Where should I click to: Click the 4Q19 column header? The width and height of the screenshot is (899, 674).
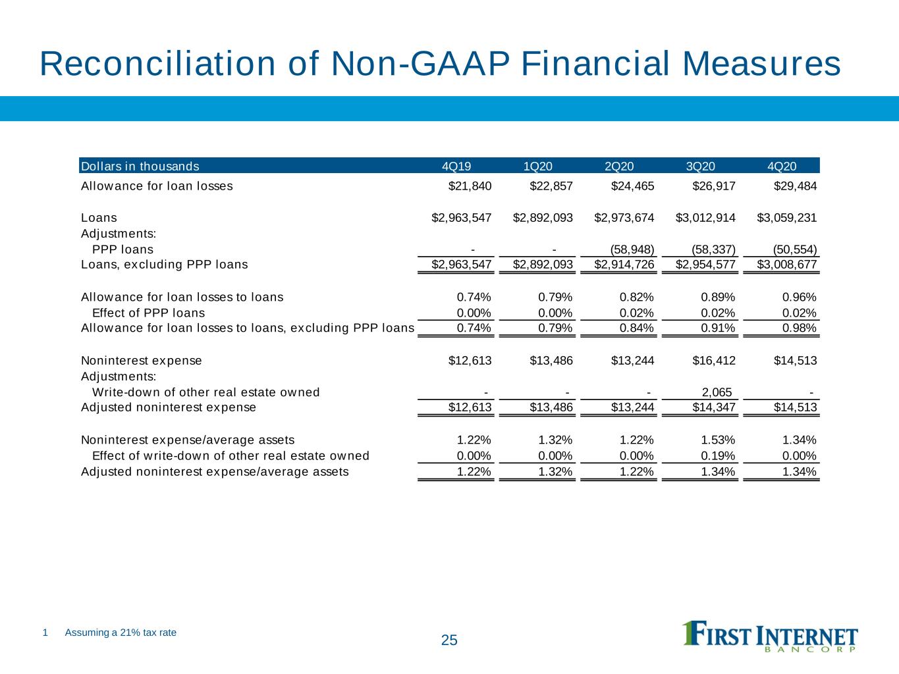(456, 166)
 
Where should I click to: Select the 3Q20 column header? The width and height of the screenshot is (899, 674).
(700, 166)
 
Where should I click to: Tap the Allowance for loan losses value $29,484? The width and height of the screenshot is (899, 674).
(795, 186)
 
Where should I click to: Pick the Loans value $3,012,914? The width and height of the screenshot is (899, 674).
(705, 218)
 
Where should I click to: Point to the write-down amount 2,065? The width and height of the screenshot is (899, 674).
(717, 392)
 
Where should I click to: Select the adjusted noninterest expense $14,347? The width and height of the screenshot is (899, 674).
(714, 407)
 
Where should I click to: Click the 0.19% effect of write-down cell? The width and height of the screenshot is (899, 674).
(718, 455)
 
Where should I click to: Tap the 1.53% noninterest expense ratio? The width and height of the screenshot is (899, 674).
(718, 440)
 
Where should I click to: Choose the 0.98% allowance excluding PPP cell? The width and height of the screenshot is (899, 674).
(800, 328)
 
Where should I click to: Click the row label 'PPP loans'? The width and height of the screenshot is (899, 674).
(123, 249)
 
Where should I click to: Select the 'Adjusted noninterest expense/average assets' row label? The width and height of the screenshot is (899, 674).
(215, 472)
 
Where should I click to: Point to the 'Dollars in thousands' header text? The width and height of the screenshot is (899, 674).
(140, 166)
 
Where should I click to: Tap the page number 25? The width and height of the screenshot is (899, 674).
(449, 640)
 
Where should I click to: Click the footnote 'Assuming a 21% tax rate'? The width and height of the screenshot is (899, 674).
(121, 633)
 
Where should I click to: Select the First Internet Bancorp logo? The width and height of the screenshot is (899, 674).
(770, 636)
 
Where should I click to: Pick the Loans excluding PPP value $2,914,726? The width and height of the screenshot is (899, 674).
(624, 265)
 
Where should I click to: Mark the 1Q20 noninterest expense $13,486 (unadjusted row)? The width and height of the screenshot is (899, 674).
(551, 361)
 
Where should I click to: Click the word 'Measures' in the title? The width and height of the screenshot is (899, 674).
(761, 63)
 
